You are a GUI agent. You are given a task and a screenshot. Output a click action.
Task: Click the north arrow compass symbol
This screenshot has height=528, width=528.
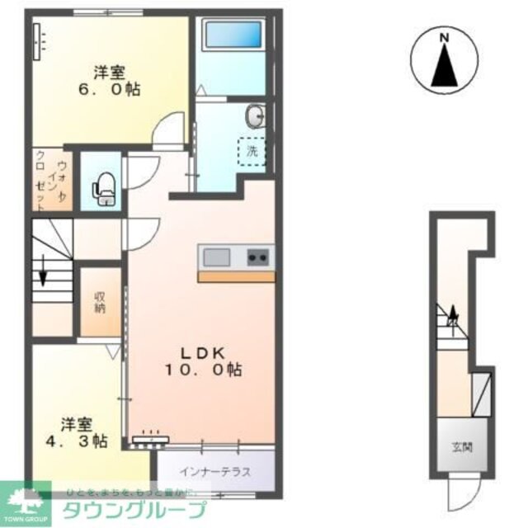click(445, 63)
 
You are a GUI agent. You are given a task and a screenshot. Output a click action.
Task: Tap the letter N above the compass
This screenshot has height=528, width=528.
click(445, 37)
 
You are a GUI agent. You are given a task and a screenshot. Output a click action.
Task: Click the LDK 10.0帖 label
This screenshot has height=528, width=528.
click(202, 361)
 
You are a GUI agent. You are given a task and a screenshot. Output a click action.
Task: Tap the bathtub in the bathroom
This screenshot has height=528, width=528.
click(233, 35)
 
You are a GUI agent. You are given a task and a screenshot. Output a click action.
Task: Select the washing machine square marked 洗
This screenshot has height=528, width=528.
click(252, 151)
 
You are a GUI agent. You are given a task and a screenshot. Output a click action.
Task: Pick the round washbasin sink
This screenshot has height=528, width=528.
click(256, 115)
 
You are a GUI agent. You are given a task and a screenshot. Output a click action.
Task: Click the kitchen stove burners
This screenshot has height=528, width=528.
click(258, 257)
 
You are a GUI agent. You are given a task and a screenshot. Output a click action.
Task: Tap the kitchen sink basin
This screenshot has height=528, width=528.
click(217, 257)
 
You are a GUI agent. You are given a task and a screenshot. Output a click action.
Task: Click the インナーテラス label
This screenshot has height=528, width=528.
click(215, 473)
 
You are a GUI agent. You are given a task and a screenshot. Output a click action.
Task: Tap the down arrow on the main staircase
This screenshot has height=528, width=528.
click(42, 276)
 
